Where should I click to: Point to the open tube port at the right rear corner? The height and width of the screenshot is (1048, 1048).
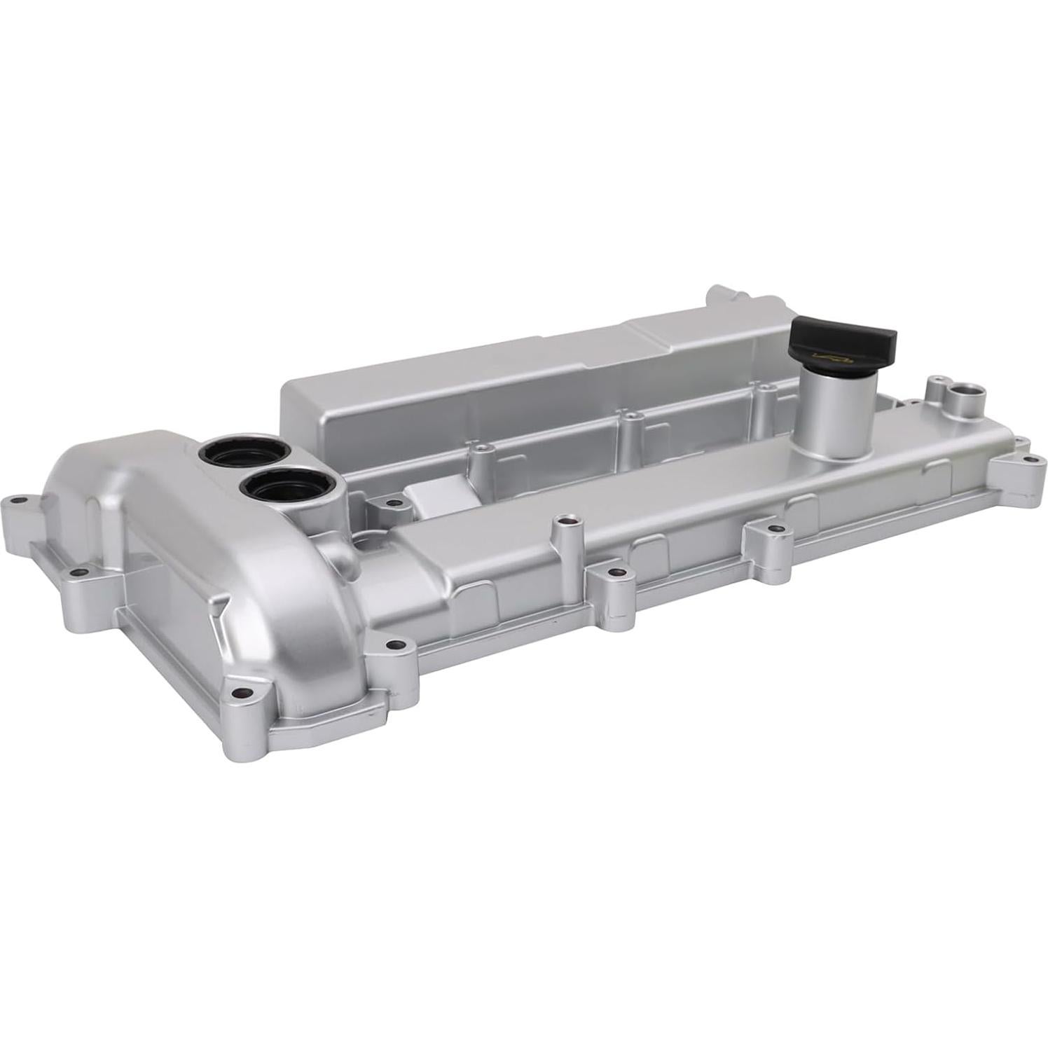tap(965, 392)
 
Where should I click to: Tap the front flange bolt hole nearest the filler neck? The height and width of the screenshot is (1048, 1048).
tap(771, 529)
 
